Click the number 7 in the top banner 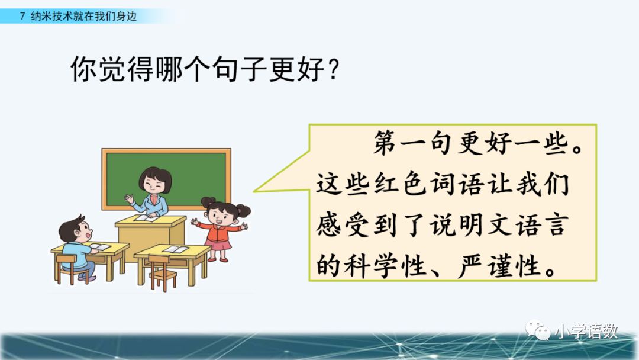tap(22, 17)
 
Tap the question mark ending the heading tap(334, 69)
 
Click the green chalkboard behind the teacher tap(166, 179)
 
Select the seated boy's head tap(76, 230)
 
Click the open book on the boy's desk tap(99, 247)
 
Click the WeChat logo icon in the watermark tap(537, 330)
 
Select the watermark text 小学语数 tap(586, 330)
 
